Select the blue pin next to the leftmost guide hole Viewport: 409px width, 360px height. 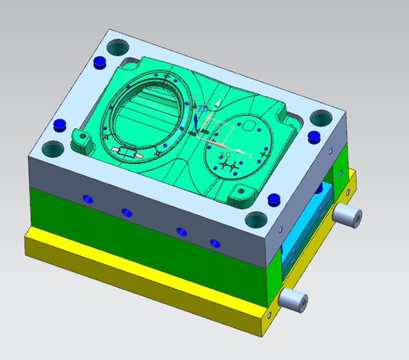(60, 124)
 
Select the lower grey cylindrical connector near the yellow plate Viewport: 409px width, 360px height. (293, 300)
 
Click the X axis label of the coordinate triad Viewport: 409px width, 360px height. (250, 156)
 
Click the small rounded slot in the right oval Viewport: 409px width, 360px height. (249, 124)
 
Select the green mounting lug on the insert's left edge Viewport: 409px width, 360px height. (81, 139)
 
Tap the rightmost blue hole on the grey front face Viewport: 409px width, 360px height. (214, 242)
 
